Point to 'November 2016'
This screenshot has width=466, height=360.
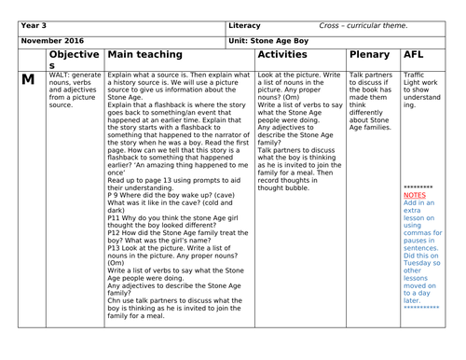[54, 41]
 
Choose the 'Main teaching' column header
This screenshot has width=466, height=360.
[144, 56]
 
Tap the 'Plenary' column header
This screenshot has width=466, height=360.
[369, 56]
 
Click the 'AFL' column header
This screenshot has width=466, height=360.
[415, 56]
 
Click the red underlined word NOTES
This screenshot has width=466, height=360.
[417, 195]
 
